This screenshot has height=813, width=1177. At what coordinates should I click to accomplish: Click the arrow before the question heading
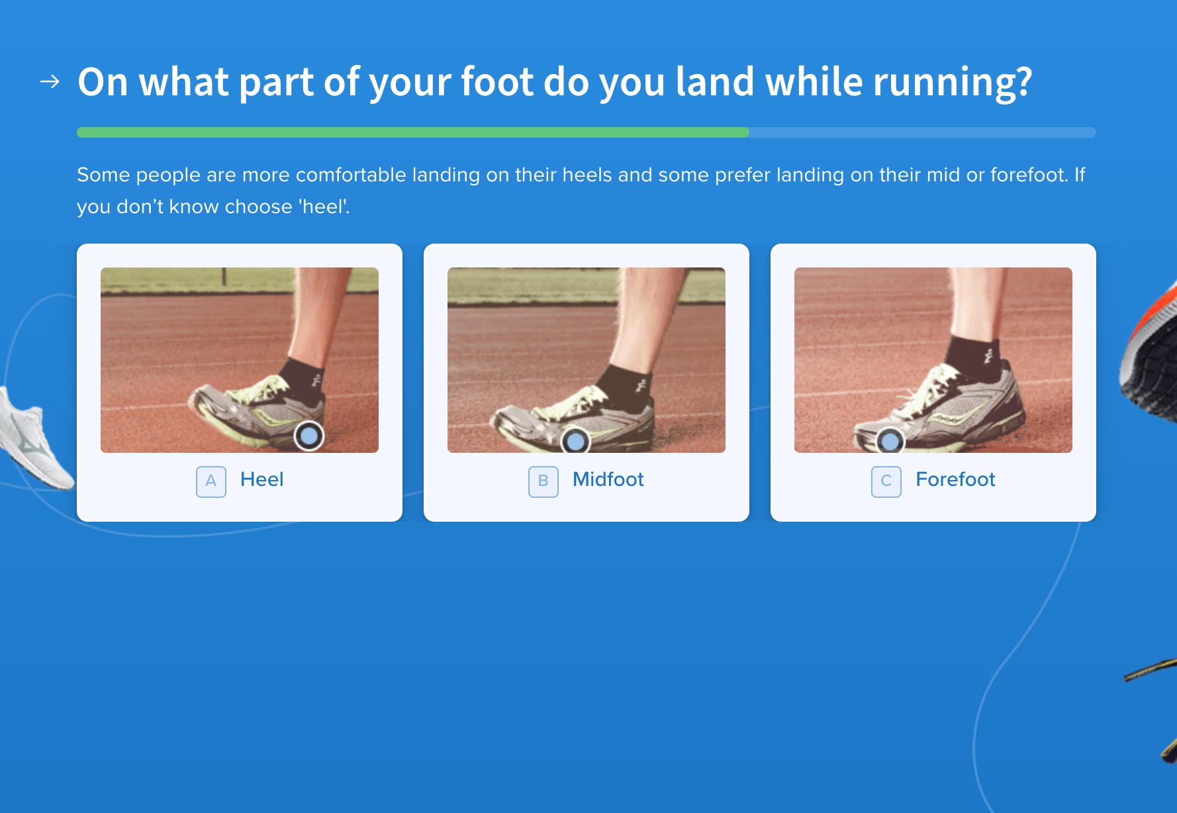coord(50,81)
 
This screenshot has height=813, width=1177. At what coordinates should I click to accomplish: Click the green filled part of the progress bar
coord(413,132)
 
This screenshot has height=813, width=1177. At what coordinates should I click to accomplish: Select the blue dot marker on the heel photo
coord(309,436)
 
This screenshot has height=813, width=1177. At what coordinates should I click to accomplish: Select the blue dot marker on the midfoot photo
coord(575,440)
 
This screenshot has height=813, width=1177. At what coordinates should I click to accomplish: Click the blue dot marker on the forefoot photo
coord(890,440)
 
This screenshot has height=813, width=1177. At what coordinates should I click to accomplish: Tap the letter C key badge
coord(886,481)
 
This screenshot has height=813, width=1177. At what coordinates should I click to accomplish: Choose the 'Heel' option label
coord(261,479)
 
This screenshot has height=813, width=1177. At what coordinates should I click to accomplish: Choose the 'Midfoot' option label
coord(608,479)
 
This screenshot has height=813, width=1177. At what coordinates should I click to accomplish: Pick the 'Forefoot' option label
coord(955,479)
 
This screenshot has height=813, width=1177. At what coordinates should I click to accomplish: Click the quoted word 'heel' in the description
coord(324,207)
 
